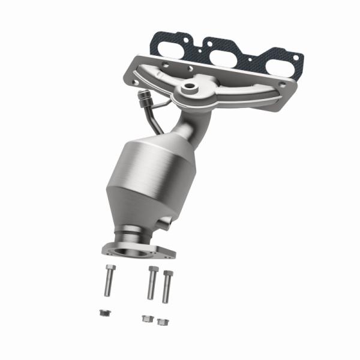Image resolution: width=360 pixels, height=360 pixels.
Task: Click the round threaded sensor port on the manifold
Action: pos(190,88)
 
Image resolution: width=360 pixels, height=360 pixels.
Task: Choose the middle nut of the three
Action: pos(146,318)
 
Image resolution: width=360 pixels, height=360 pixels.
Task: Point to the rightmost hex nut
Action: pos(161,321)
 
